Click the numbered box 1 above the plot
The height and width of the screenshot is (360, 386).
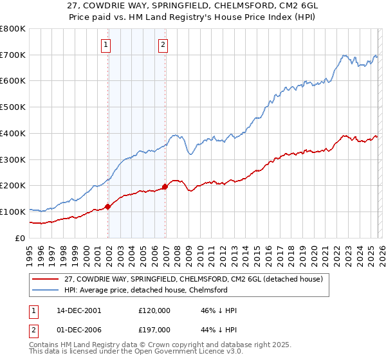click(x=106, y=44)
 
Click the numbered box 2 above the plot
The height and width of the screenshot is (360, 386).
click(x=163, y=44)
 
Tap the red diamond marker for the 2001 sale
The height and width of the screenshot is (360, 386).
click(x=108, y=206)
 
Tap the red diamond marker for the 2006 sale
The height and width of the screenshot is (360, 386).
click(x=165, y=186)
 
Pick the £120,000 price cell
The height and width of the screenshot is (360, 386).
click(x=154, y=310)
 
